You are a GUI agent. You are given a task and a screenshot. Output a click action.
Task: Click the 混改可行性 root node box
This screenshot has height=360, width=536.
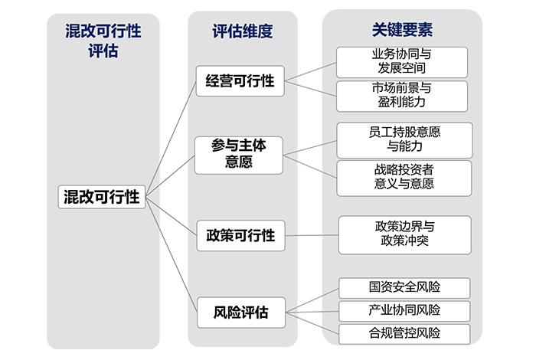tap(101, 196)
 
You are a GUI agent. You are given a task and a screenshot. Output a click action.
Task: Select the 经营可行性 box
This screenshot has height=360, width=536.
tap(240, 81)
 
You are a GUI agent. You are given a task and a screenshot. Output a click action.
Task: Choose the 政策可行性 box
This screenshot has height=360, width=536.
tap(240, 235)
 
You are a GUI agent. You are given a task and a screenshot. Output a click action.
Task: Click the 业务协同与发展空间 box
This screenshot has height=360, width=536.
tap(402, 62)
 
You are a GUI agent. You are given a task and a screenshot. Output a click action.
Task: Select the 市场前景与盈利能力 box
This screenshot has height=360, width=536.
tap(402, 96)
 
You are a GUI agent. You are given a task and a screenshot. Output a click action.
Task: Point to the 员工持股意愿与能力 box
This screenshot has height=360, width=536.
tap(404, 139)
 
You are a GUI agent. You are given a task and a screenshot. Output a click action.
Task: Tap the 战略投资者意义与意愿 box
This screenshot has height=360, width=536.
tap(404, 177)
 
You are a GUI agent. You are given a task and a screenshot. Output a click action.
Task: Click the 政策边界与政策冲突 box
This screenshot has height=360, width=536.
tap(404, 234)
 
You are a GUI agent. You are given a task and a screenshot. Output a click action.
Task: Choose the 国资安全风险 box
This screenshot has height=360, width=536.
tap(404, 287)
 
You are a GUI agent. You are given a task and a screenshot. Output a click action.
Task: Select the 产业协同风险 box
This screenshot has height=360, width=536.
tap(404, 310)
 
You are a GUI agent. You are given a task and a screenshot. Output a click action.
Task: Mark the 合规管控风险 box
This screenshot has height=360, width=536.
tap(404, 333)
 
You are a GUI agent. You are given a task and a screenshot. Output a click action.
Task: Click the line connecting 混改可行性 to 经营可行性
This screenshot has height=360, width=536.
tap(170, 138)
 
